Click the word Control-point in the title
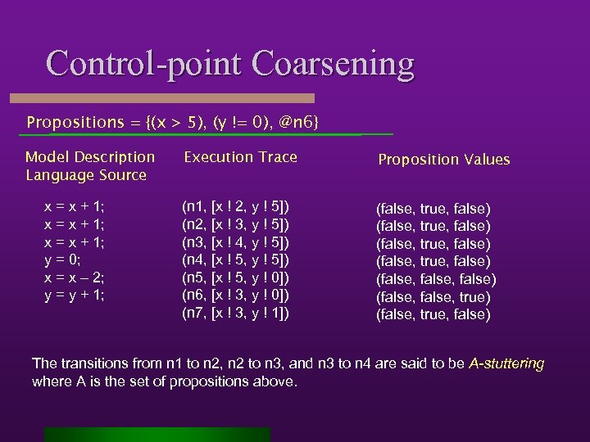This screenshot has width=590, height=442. click(143, 64)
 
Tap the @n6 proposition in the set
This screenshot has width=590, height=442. click(296, 122)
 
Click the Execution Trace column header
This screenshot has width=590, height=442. click(240, 157)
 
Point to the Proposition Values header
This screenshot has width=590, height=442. click(443, 160)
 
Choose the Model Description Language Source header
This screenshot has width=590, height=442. click(90, 165)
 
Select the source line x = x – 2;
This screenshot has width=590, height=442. click(74, 277)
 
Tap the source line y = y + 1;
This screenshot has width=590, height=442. click(74, 295)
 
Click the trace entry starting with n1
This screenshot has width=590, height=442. click(235, 206)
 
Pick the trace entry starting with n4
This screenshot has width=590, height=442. click(235, 259)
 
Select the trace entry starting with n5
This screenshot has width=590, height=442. click(235, 277)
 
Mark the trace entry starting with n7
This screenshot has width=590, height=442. click(235, 313)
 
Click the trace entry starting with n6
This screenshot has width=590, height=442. click(235, 295)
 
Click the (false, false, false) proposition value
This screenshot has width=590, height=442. click(436, 279)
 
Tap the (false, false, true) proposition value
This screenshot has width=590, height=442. click(433, 297)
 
